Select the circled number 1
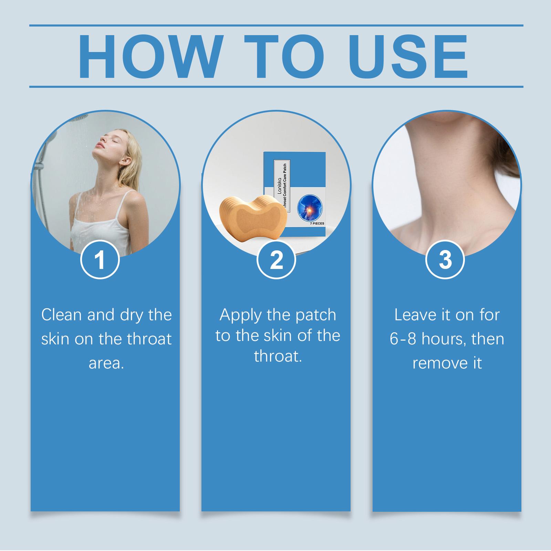tap(100, 260)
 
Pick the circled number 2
tap(276, 260)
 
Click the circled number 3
tap(445, 260)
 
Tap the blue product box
tap(294, 194)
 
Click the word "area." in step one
tap(106, 363)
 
